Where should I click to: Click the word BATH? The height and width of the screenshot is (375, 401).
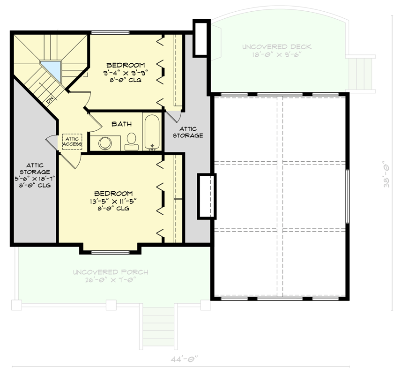click(121, 124)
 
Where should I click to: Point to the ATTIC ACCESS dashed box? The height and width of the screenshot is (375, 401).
click(72, 141)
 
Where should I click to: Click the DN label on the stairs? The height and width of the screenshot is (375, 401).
click(50, 100)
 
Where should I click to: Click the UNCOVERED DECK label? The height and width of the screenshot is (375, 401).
click(277, 47)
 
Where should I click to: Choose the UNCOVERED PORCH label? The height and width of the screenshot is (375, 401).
click(111, 272)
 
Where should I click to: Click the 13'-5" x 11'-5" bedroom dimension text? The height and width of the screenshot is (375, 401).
click(113, 201)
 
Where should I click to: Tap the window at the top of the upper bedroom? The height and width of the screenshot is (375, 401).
click(104, 32)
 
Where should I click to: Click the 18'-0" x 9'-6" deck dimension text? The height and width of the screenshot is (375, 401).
click(277, 54)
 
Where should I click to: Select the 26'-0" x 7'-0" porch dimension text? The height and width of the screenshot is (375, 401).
click(111, 280)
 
